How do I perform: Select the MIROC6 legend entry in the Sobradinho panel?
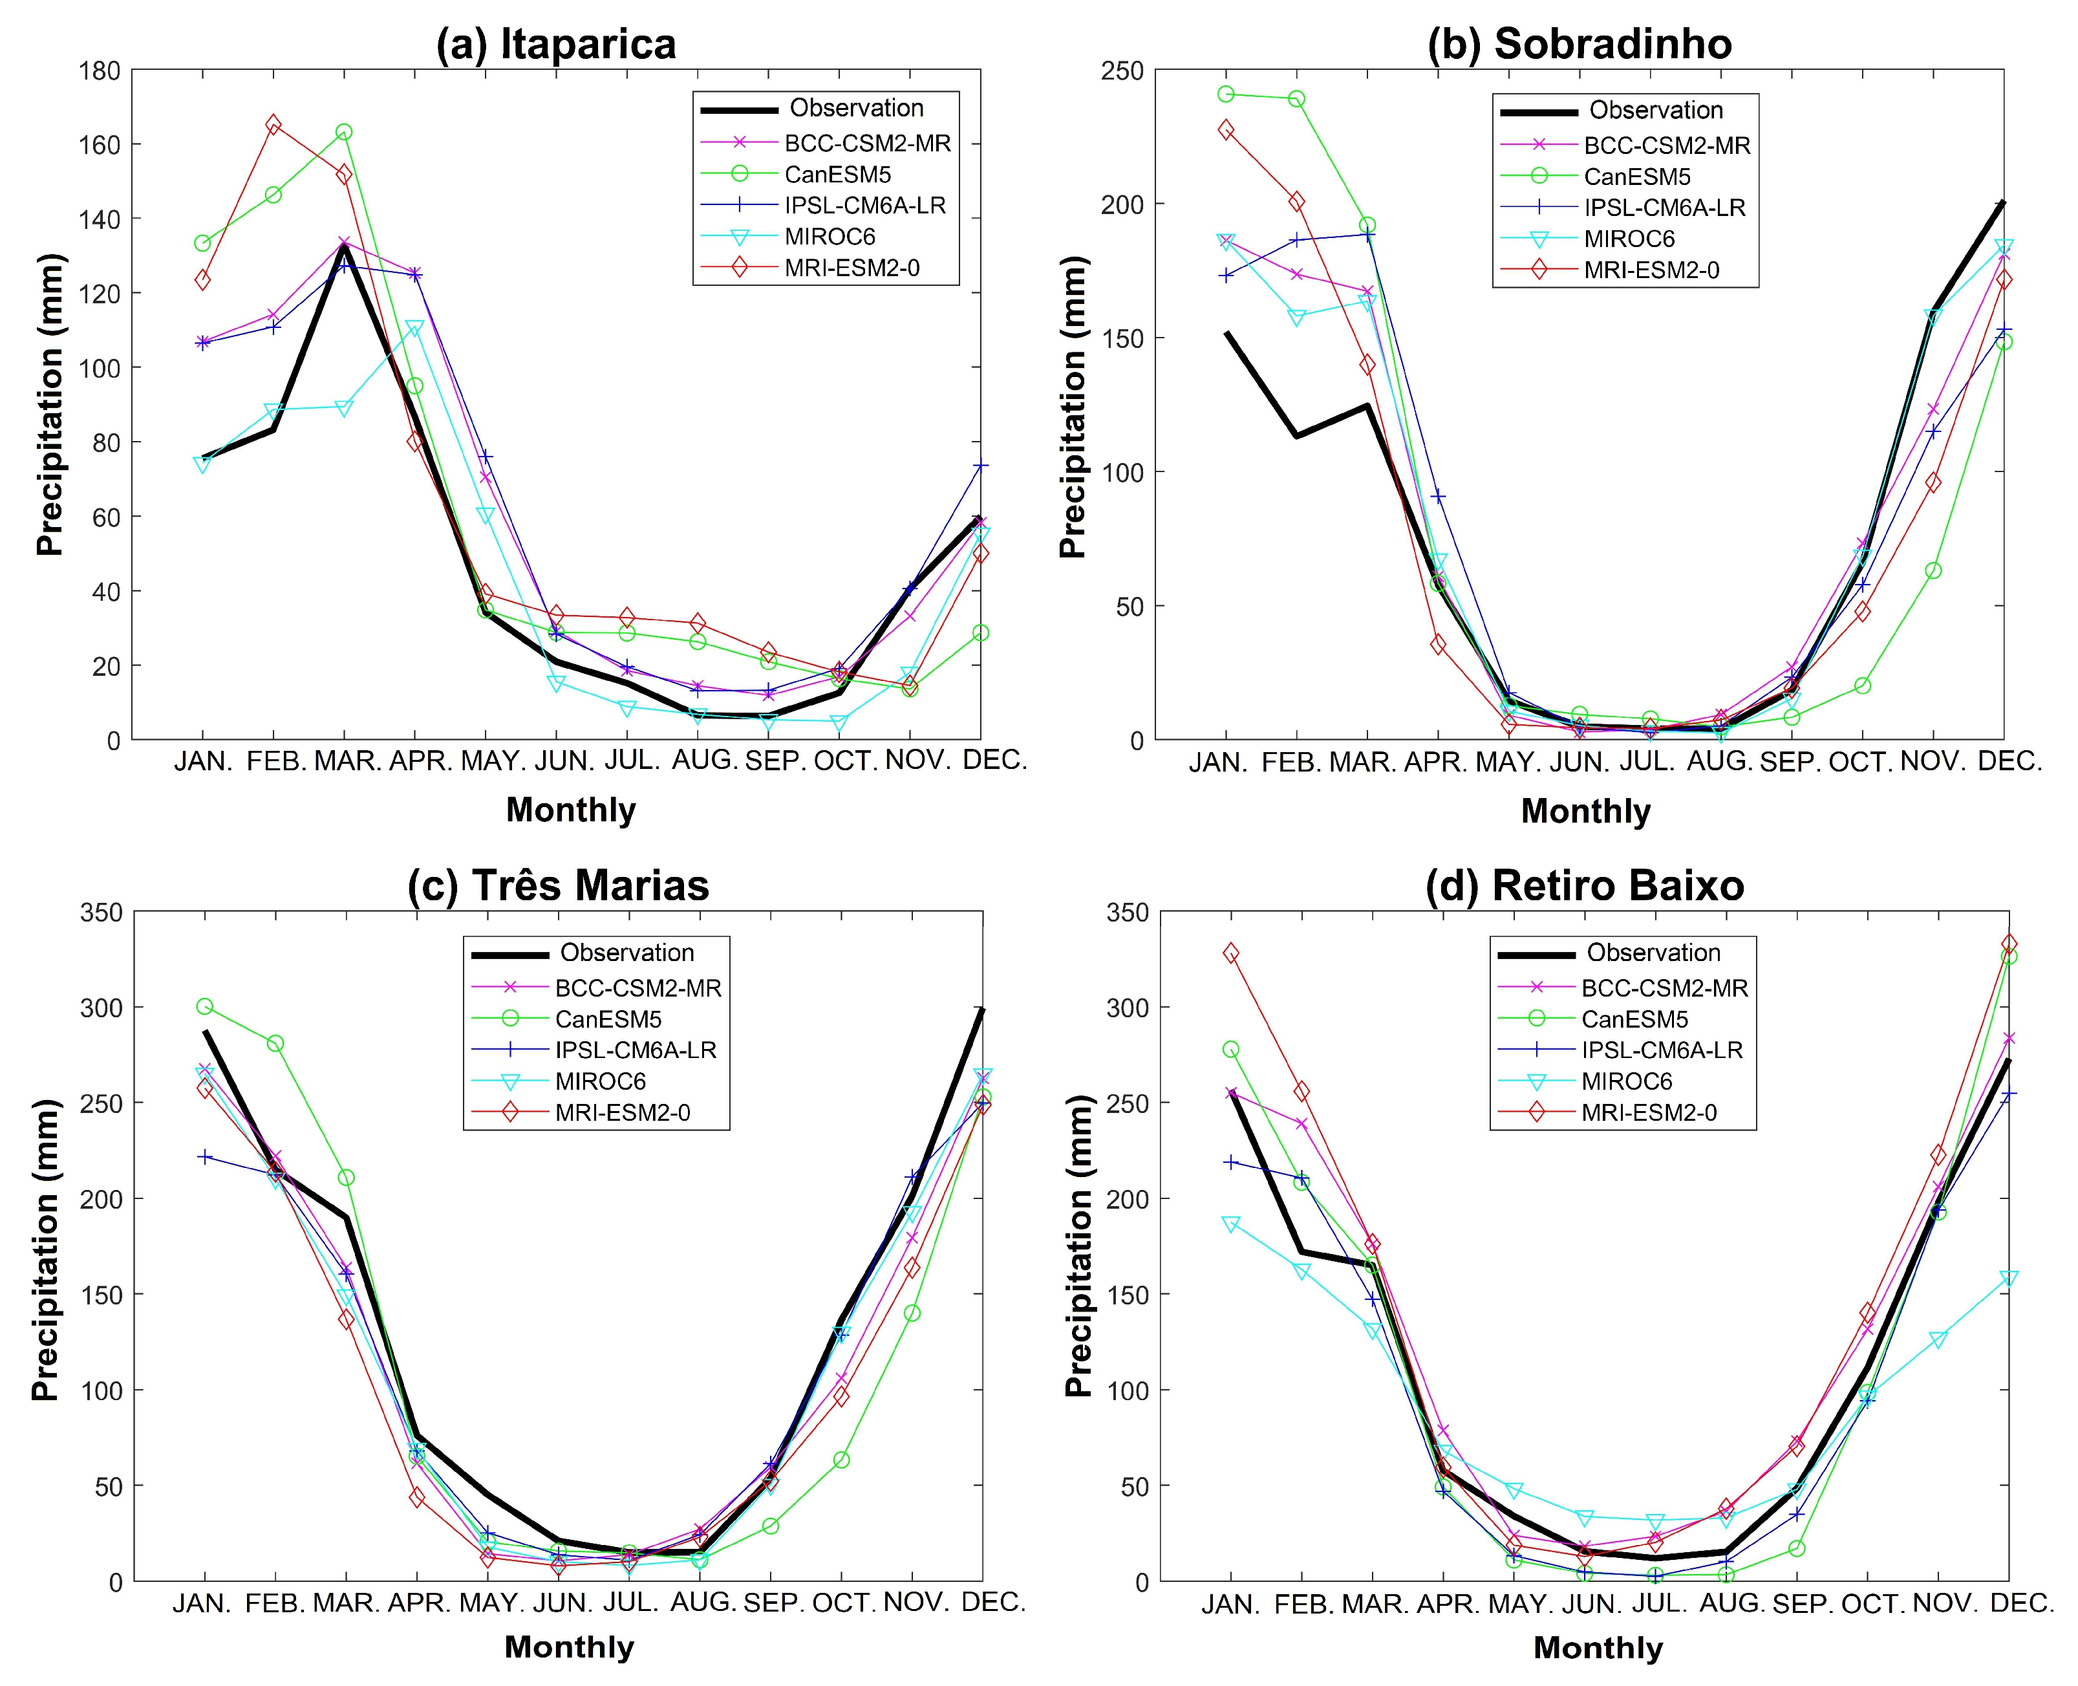(x=1629, y=239)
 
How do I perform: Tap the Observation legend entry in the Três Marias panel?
(x=627, y=953)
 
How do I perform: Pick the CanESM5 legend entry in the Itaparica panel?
(x=837, y=175)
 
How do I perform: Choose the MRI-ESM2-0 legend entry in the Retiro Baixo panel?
(x=1648, y=1113)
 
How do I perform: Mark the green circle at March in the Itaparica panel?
(x=344, y=132)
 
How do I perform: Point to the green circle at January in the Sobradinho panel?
(x=1226, y=94)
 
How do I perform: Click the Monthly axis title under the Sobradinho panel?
(x=1585, y=811)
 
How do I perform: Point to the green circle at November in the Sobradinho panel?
(x=1933, y=571)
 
